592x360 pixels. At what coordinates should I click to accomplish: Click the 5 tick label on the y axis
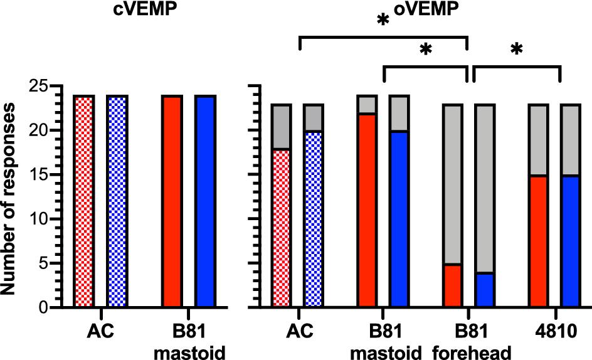[x=43, y=263]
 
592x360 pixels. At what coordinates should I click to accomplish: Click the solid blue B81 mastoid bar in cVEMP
[x=204, y=201]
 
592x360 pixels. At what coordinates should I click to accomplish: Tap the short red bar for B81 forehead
[x=453, y=286]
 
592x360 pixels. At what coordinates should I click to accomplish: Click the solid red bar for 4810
[x=539, y=241]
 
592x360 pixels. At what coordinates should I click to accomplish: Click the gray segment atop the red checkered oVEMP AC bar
[x=282, y=127]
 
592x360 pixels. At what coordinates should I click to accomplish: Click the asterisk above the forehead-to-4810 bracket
[x=517, y=50]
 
